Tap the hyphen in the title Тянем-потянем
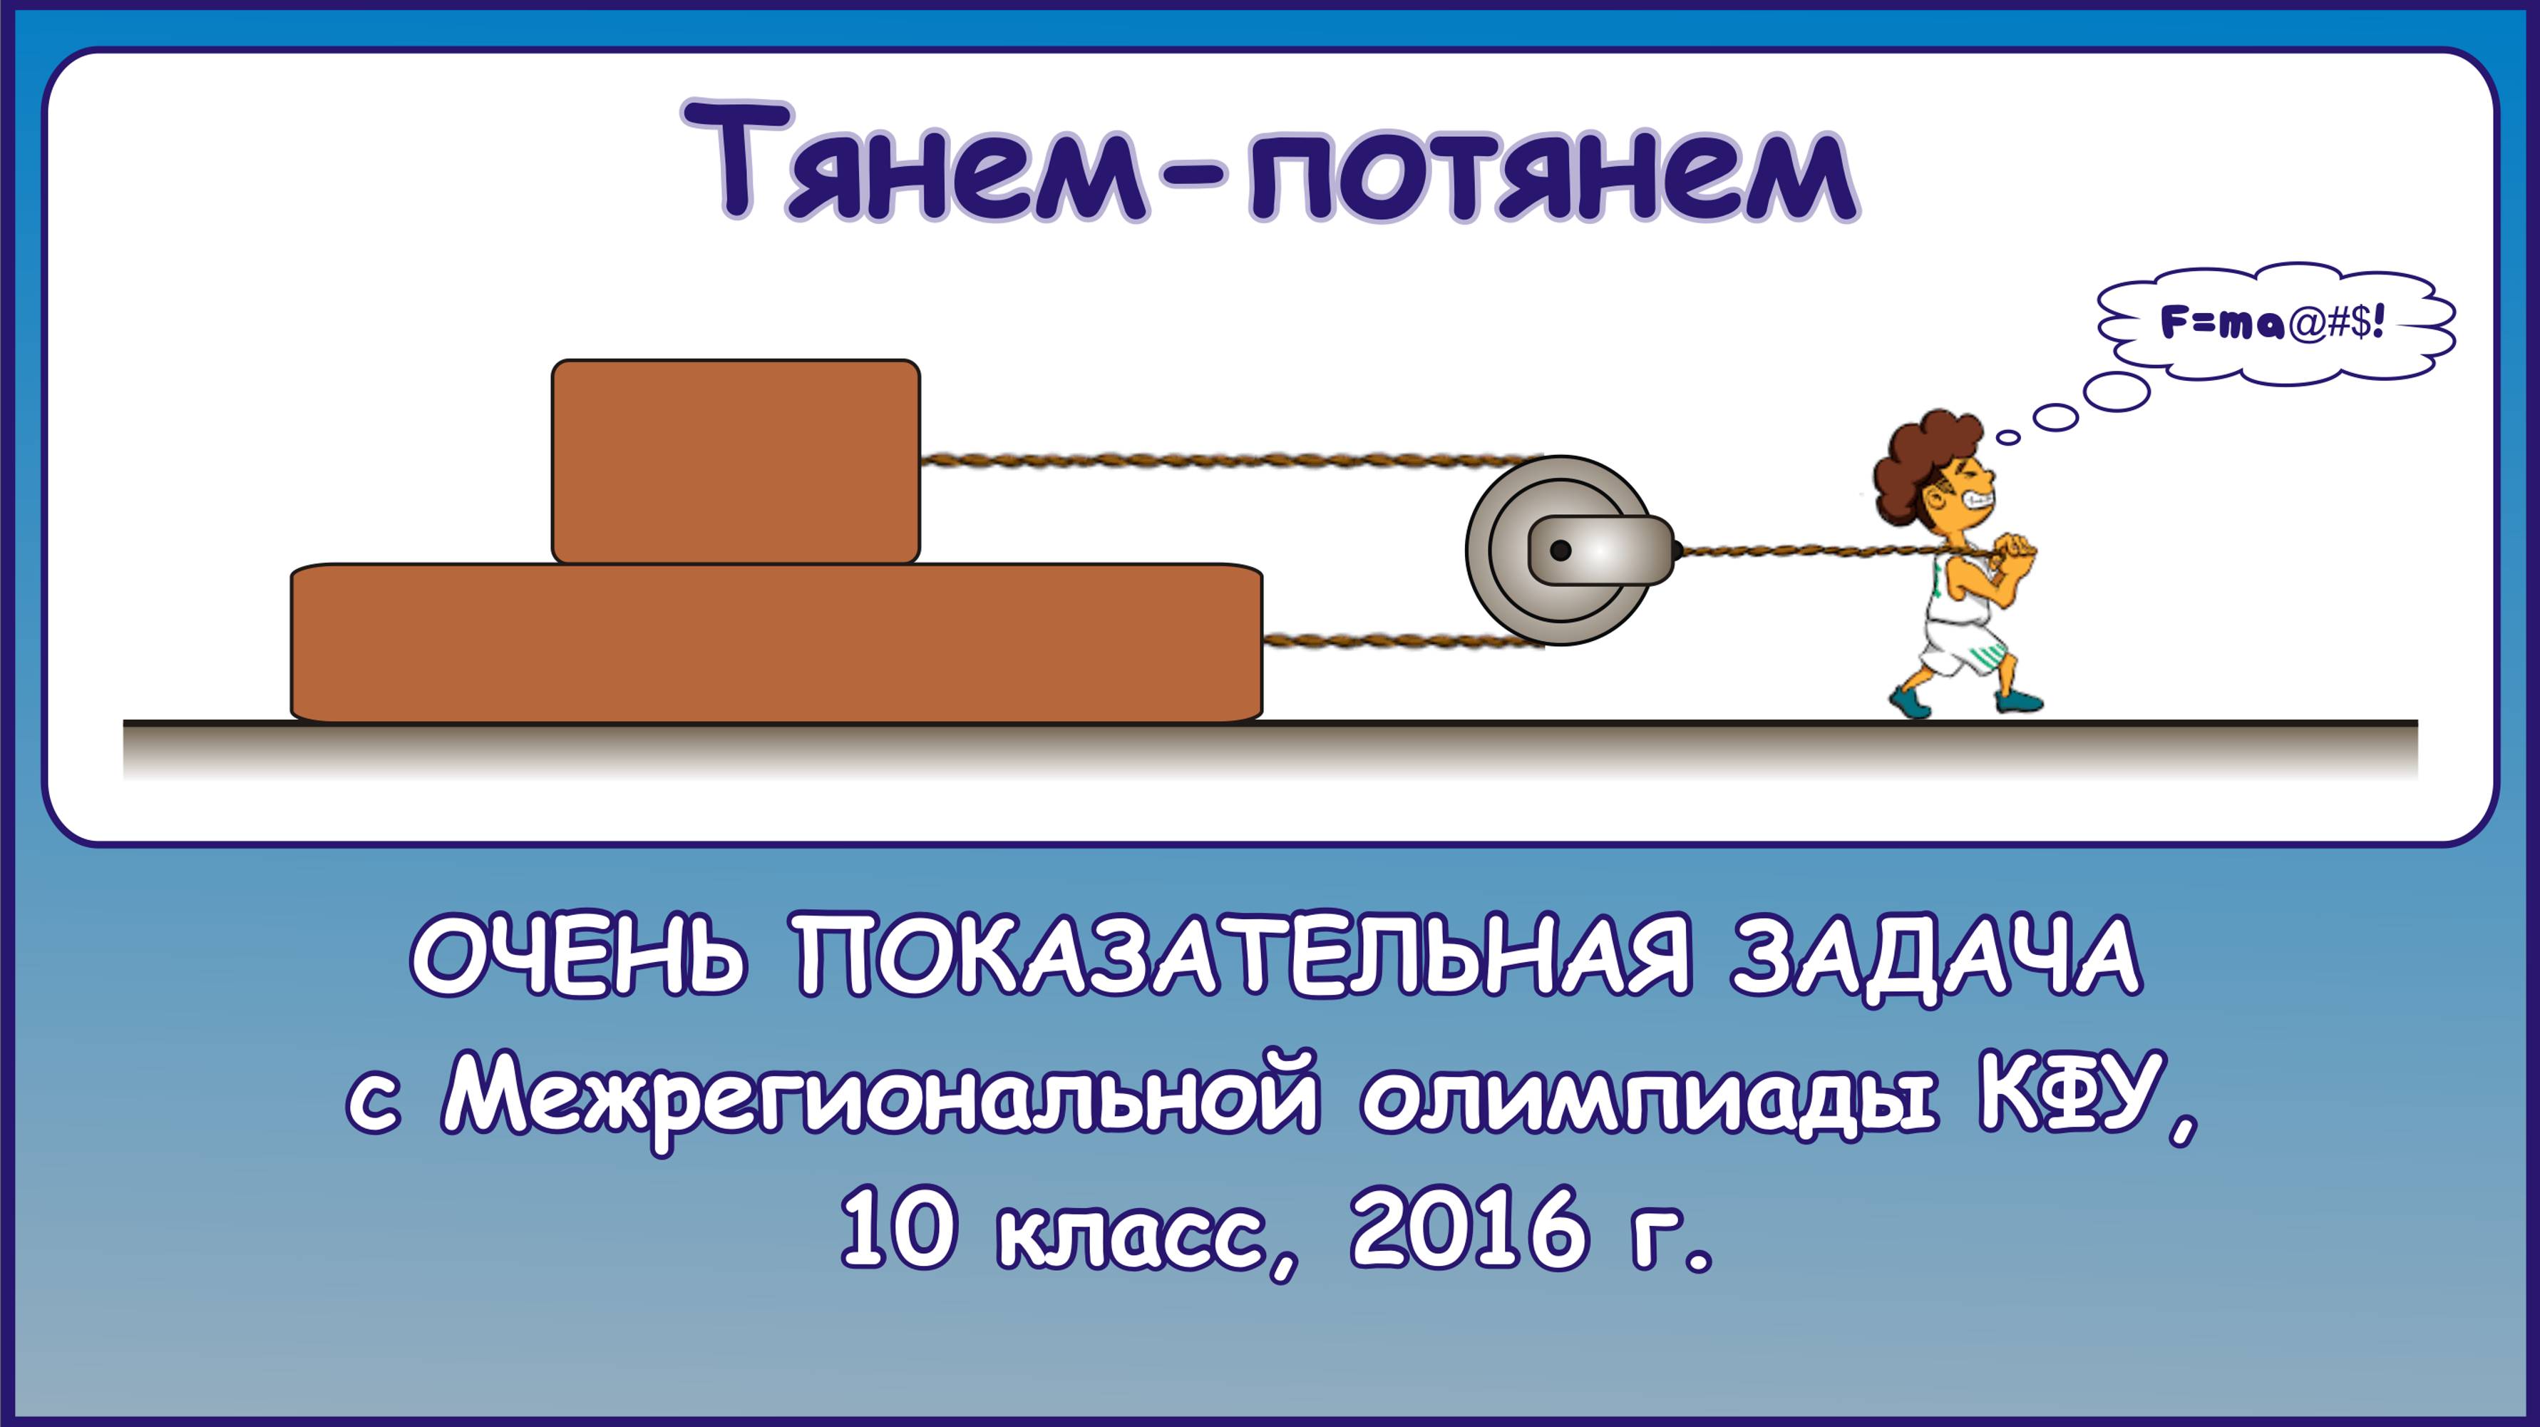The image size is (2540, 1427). pos(1198,180)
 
